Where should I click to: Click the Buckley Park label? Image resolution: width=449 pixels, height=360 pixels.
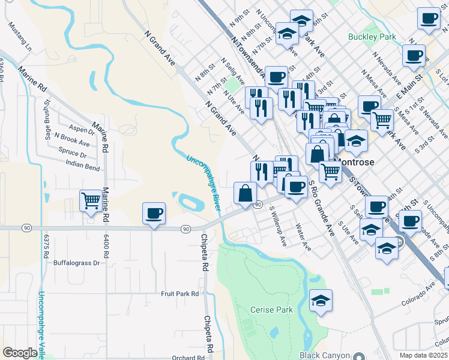point(372,37)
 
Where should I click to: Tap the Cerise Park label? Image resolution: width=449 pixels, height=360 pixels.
point(271,310)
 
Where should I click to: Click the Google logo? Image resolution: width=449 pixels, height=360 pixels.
point(20,353)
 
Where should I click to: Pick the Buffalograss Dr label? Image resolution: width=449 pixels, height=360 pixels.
point(76,263)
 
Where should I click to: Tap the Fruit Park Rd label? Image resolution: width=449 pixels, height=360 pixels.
point(179,293)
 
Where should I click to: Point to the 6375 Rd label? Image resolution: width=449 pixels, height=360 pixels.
point(46,247)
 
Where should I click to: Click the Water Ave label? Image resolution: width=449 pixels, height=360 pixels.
point(303,237)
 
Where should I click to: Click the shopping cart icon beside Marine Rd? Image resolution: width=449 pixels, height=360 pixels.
point(91,200)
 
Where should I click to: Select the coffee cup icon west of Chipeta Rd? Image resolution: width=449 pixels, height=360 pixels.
point(154,213)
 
